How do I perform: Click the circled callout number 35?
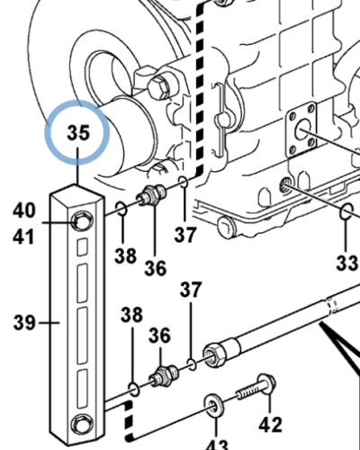[78, 132]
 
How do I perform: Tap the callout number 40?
[24, 210]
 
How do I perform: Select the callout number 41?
[23, 237]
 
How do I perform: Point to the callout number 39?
[24, 323]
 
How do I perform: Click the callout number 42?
[270, 425]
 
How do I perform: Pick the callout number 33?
[347, 263]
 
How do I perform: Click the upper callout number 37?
[185, 235]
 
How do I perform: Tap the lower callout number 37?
[191, 289]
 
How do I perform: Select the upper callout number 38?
[125, 256]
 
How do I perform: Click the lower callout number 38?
[131, 315]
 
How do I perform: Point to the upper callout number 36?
[155, 268]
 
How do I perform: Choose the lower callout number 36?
[159, 335]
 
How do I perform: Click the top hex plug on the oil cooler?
[82, 221]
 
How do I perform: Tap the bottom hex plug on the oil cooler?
[82, 424]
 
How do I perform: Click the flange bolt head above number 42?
[267, 384]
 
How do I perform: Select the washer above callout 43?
[214, 406]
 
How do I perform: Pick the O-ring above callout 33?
[347, 211]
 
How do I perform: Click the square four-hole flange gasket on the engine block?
[301, 130]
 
